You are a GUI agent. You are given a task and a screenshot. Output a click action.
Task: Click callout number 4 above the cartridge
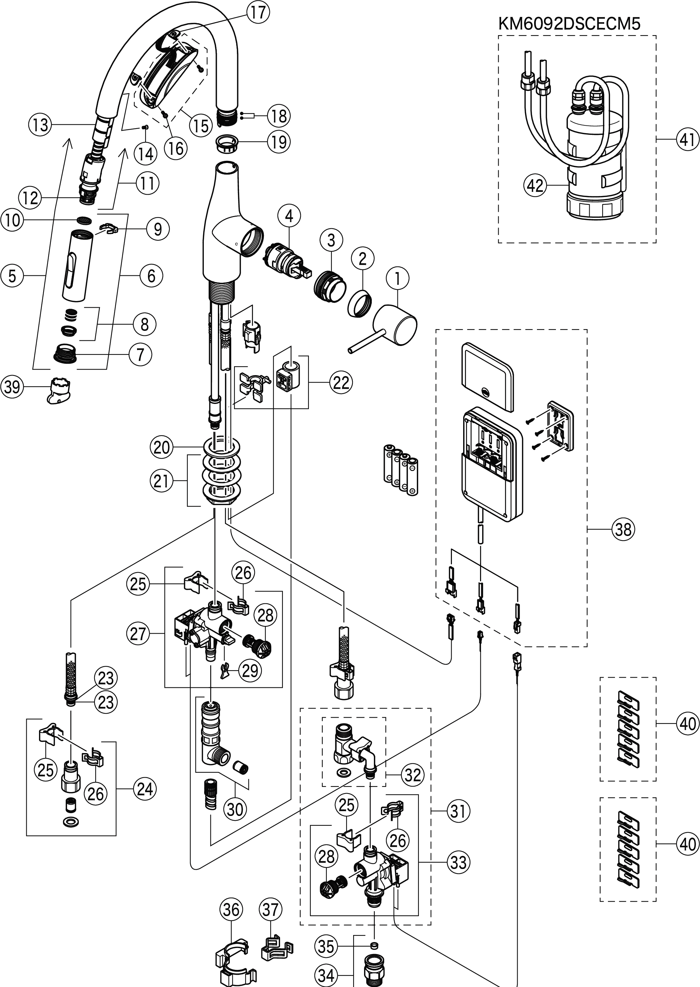(289, 216)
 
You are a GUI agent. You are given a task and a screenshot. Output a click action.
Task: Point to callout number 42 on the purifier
(535, 186)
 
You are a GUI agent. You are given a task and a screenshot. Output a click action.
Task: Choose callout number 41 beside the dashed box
(687, 139)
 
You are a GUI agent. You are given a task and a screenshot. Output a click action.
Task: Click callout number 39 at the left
(12, 386)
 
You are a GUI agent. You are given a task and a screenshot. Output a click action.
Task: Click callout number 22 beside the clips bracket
(341, 382)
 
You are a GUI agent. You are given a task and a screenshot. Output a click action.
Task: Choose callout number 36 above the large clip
(231, 909)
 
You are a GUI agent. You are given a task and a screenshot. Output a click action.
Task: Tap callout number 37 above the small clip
(270, 909)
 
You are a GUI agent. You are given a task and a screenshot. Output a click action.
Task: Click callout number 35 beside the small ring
(326, 946)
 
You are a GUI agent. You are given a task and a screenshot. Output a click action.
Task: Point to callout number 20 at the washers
(161, 447)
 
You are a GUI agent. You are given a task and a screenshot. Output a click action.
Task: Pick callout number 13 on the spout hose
(40, 125)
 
